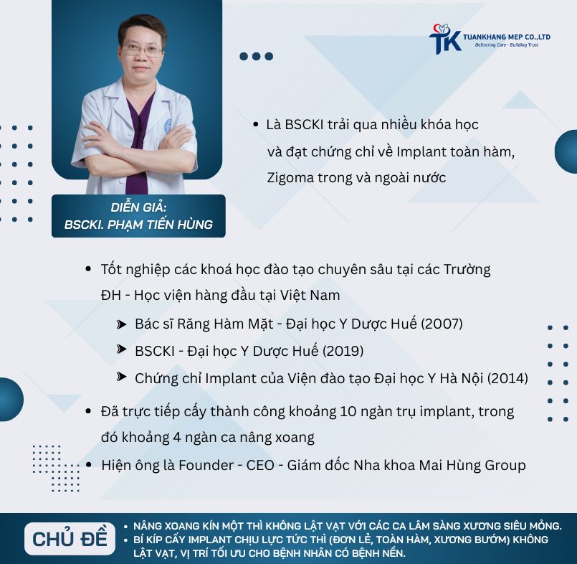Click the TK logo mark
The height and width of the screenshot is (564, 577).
(445, 39)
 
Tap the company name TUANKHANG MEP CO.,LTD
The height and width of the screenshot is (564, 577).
(507, 37)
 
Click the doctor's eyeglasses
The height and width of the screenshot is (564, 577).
(142, 50)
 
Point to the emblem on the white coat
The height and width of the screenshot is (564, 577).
(168, 126)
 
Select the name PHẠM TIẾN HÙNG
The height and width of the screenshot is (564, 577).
(160, 225)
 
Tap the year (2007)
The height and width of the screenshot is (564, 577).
(442, 324)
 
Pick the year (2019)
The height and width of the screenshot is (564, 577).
(343, 351)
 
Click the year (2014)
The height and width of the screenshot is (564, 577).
(507, 378)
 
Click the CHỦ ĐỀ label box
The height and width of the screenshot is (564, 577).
(70, 539)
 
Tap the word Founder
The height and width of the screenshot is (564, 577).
(206, 465)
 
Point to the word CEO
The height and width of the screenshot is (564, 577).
(260, 465)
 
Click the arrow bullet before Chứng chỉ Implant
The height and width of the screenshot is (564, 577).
(121, 377)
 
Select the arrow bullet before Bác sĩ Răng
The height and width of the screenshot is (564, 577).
(121, 324)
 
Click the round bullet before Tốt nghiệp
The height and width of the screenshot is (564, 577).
(88, 269)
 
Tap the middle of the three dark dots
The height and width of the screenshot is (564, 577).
(256, 57)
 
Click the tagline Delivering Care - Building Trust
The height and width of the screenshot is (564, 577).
(506, 45)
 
